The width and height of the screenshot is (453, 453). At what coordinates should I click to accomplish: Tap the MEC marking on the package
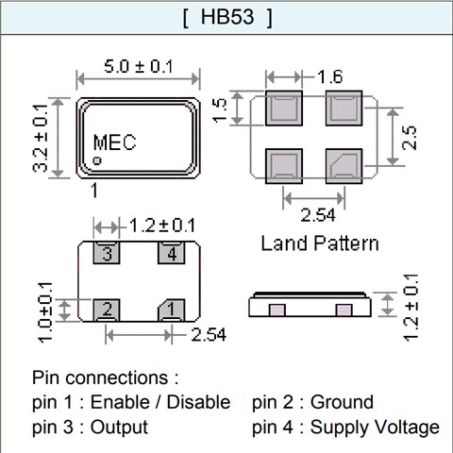(x=114, y=143)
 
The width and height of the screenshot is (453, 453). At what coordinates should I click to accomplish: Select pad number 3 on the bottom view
(x=109, y=254)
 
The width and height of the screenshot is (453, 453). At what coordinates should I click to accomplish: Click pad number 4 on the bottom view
(x=171, y=254)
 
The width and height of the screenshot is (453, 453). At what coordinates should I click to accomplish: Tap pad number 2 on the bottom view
(x=109, y=309)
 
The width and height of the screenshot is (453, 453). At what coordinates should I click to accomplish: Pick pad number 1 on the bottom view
(x=171, y=309)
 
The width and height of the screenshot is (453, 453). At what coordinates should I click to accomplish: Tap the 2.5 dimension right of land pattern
(x=409, y=138)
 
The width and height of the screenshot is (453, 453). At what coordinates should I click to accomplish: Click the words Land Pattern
(x=320, y=243)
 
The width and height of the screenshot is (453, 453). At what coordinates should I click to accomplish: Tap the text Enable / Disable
(x=160, y=402)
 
